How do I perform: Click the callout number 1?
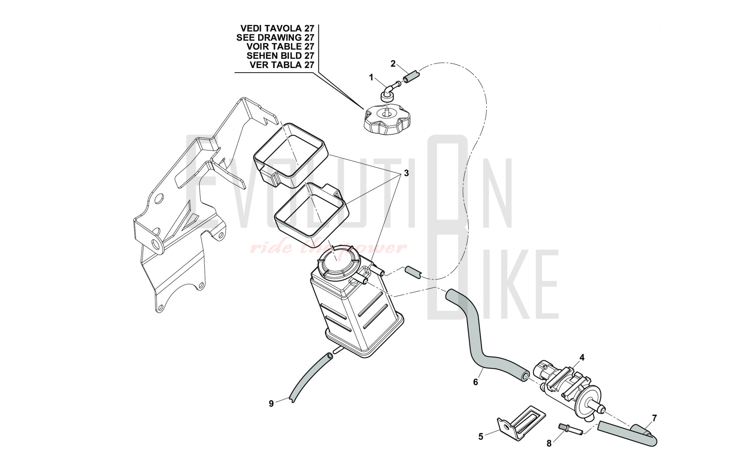pyautogui.click(x=371, y=77)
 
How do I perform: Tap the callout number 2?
pyautogui.click(x=393, y=64)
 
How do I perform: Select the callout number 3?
pyautogui.click(x=406, y=173)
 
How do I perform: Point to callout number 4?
pyautogui.click(x=582, y=358)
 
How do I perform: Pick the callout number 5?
pyautogui.click(x=481, y=437)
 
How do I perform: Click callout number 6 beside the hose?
pyautogui.click(x=476, y=382)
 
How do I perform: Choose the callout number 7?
pyautogui.click(x=654, y=418)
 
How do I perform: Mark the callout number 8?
pyautogui.click(x=549, y=443)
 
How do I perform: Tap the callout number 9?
pyautogui.click(x=271, y=403)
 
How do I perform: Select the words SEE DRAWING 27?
pyautogui.click(x=275, y=38)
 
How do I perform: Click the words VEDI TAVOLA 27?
pyautogui.click(x=277, y=28)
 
